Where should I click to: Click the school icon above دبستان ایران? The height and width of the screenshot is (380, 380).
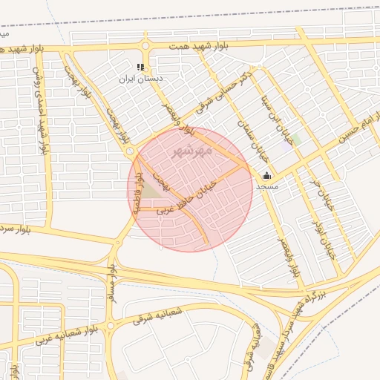pyautogui.click(x=141, y=67)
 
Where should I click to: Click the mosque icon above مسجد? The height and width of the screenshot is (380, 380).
pyautogui.click(x=266, y=176)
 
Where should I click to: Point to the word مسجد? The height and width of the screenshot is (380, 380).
pyautogui.click(x=266, y=186)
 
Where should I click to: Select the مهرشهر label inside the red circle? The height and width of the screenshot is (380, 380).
pyautogui.click(x=192, y=151)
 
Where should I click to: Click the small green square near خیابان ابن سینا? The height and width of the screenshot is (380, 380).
pyautogui.click(x=295, y=139)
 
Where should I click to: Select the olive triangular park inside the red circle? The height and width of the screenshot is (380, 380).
pyautogui.click(x=151, y=191)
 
